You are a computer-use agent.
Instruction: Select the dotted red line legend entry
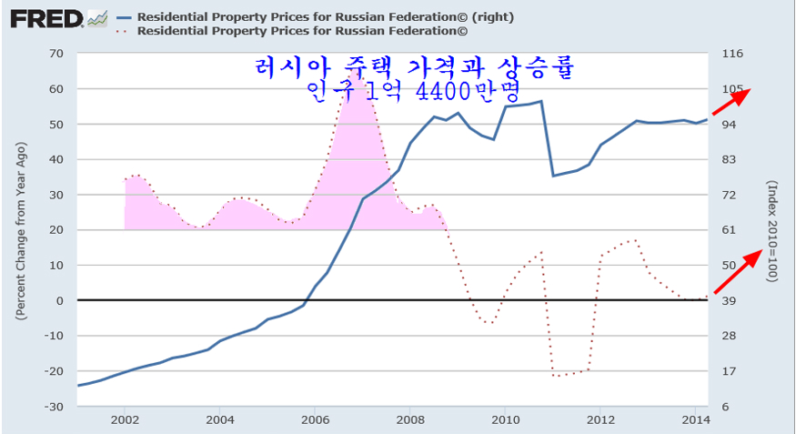click(300, 30)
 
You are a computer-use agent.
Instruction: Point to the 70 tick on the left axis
click(55, 54)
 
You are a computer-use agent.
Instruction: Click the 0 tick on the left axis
click(60, 301)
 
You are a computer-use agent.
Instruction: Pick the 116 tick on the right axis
click(732, 54)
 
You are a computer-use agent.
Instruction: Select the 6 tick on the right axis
click(725, 407)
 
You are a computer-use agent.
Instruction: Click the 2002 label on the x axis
click(125, 420)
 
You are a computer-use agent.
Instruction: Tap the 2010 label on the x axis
click(505, 420)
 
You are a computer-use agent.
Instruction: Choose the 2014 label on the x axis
click(695, 420)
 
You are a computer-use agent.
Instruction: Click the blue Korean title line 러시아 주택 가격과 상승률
click(413, 67)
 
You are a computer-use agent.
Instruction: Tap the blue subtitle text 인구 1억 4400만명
click(413, 91)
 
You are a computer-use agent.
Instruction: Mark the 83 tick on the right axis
click(729, 159)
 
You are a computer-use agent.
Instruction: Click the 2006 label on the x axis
click(315, 420)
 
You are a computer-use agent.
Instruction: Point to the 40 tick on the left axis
click(55, 159)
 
